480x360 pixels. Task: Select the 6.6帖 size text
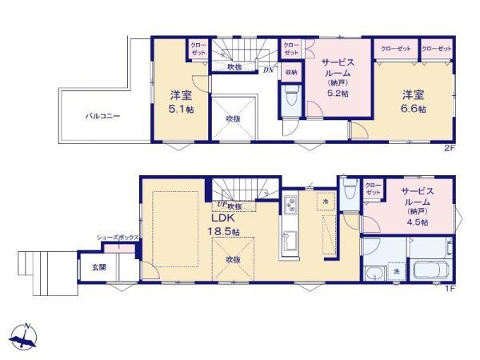tap(414, 108)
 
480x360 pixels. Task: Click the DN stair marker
tap(267, 70)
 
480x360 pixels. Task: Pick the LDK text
tap(222, 217)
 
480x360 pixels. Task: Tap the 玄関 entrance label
tap(98, 267)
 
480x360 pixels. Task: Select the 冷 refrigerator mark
tap(325, 202)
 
